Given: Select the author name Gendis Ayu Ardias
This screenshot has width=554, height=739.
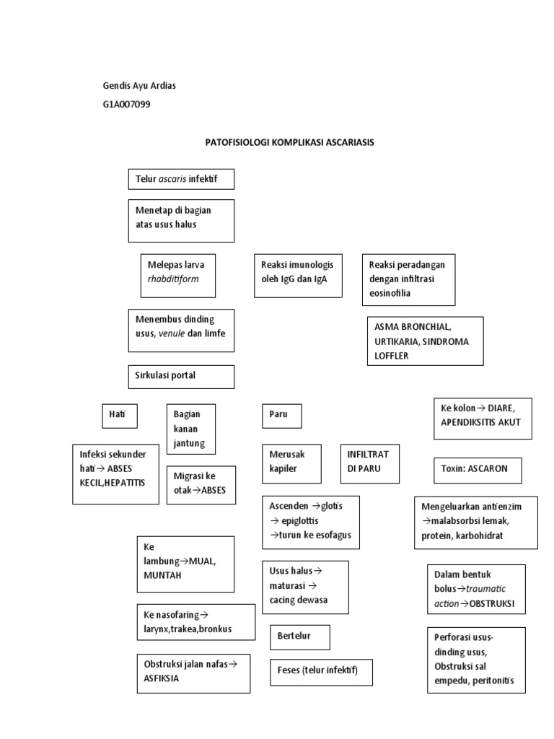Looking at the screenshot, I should pyautogui.click(x=139, y=86).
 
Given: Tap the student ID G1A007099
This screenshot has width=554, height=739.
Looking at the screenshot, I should pyautogui.click(x=127, y=105).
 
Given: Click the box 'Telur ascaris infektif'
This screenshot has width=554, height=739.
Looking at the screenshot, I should pyautogui.click(x=181, y=179).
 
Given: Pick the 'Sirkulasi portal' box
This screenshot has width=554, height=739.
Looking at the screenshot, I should pyautogui.click(x=181, y=376).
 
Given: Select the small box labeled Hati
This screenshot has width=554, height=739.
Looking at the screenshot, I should pyautogui.click(x=119, y=416).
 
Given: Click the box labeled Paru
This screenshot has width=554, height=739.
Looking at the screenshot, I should pyautogui.click(x=281, y=416).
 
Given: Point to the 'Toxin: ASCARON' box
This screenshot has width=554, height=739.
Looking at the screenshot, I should pyautogui.click(x=478, y=469).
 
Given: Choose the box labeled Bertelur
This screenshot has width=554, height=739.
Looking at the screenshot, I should pyautogui.click(x=299, y=637).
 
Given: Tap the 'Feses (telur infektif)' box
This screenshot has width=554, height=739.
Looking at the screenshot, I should pyautogui.click(x=321, y=672).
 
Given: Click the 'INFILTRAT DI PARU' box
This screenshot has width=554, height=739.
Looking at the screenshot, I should pyautogui.click(x=369, y=463).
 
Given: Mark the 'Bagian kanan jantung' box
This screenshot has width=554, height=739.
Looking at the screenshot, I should pyautogui.click(x=190, y=429).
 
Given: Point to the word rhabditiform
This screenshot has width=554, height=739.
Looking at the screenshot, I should pyautogui.click(x=173, y=279).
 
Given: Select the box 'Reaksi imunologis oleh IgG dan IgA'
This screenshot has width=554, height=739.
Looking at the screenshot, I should pyautogui.click(x=298, y=275).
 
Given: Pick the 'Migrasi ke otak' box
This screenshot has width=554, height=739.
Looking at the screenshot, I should pyautogui.click(x=201, y=484).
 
